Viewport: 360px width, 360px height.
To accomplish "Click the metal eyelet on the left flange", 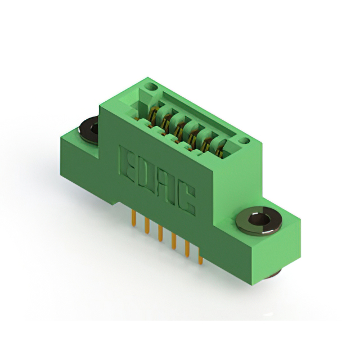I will (90, 128).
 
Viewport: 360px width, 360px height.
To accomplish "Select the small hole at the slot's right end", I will (242, 140).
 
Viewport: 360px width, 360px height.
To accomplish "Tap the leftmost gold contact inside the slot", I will (153, 115).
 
